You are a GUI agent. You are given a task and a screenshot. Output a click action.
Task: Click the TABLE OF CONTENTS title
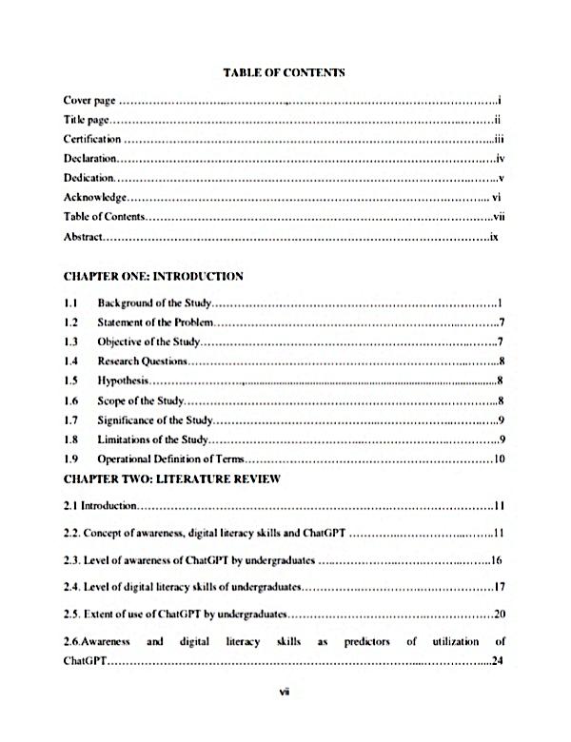click(x=283, y=71)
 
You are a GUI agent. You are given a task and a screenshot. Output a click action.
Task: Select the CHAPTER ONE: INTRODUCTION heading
click(x=153, y=277)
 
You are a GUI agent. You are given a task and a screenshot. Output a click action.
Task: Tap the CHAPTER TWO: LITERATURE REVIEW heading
click(x=171, y=478)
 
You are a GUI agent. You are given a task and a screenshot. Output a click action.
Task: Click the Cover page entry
click(x=89, y=100)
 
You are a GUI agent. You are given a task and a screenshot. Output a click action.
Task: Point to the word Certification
click(x=92, y=139)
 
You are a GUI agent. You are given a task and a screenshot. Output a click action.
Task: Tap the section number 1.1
click(x=69, y=303)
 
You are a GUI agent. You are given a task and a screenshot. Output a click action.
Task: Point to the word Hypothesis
click(x=124, y=381)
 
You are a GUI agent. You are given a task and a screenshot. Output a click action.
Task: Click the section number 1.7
click(x=69, y=420)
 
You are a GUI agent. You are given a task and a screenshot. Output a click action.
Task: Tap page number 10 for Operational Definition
click(x=497, y=459)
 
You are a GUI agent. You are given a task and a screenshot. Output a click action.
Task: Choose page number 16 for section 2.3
click(x=496, y=560)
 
